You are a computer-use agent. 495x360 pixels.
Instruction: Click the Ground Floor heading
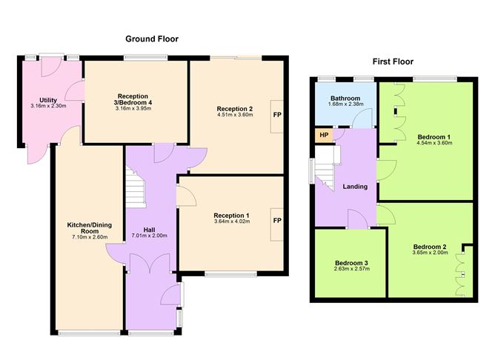tap(151, 39)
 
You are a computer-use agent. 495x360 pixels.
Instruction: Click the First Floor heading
tap(393, 61)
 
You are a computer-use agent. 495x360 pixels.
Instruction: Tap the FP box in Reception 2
tap(276, 116)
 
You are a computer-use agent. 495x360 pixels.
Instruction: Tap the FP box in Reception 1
tap(276, 221)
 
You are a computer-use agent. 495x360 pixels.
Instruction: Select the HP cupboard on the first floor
tap(323, 135)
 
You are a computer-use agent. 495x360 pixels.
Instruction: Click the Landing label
tap(355, 187)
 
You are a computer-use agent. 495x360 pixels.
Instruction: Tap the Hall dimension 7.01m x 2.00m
tap(150, 236)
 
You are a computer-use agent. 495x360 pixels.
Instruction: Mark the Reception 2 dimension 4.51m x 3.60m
tap(235, 116)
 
